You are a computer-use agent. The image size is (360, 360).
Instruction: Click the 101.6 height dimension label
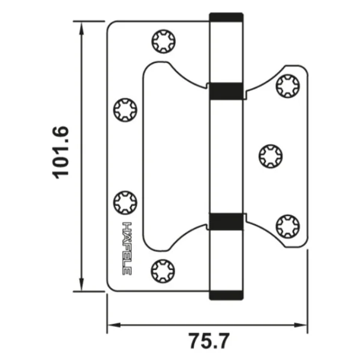point(61,152)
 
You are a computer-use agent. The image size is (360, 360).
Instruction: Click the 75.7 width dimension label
point(208,341)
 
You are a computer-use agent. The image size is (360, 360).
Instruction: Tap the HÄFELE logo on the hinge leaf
point(127,248)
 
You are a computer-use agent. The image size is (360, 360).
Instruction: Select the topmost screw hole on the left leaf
point(163,41)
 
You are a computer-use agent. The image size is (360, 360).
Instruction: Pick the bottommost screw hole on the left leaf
point(163,271)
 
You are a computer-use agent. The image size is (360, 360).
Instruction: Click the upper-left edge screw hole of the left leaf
point(125,110)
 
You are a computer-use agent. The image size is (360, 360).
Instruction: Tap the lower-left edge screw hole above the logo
point(125,203)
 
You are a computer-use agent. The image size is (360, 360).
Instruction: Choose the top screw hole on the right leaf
point(287,86)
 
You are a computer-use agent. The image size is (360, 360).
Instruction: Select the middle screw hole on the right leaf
point(271,157)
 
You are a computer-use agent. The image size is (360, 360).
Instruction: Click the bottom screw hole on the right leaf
point(287,227)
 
